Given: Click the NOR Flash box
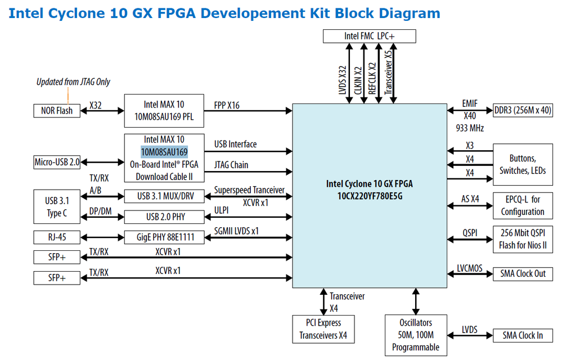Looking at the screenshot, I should tap(57, 110).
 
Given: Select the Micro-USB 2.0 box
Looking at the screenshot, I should tap(57, 163).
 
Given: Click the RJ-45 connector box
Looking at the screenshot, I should tap(57, 237).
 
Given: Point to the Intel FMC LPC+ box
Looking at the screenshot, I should tap(370, 36).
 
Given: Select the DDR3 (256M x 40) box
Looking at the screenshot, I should tap(523, 110).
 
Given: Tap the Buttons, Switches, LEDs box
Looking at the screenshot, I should tap(523, 164).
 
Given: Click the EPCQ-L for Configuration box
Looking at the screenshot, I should tap(523, 205).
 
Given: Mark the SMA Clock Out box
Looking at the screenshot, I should tap(523, 274).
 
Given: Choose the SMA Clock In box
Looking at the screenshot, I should tap(523, 335).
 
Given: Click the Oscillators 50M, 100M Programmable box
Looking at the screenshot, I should tap(416, 335).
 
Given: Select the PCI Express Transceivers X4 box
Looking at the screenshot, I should tap(323, 329).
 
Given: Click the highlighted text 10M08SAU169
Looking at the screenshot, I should tap(164, 152).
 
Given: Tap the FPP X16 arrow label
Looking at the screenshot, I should tap(227, 105).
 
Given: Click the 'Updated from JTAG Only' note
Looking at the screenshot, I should tap(73, 82).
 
